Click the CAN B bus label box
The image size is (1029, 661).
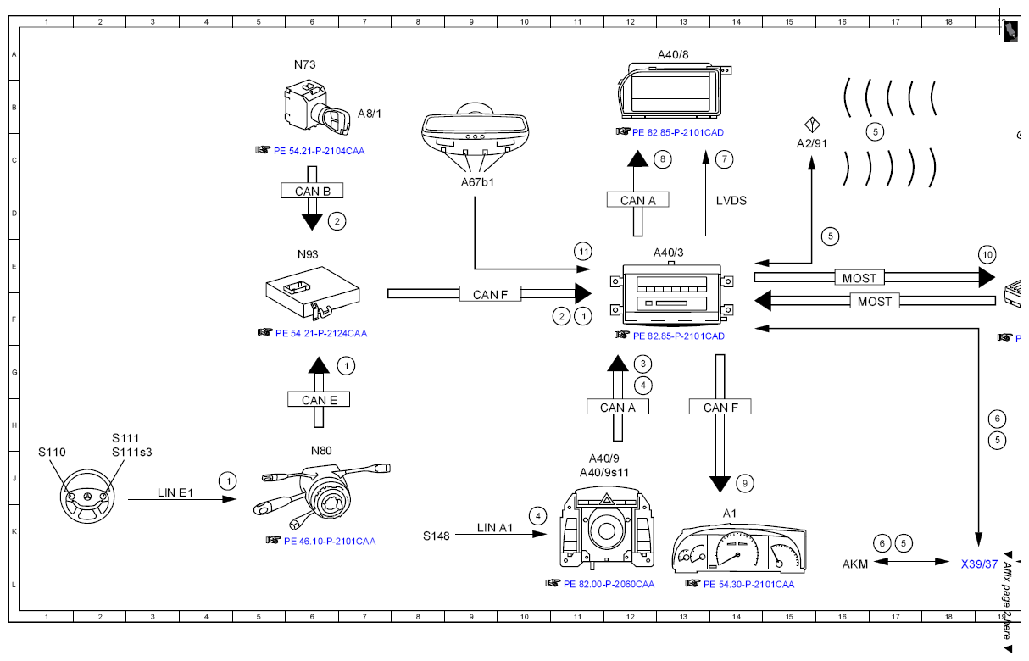[x=312, y=191]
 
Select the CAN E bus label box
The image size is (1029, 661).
[x=319, y=399]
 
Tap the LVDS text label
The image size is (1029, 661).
[x=731, y=201]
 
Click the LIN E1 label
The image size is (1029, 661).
[x=175, y=492]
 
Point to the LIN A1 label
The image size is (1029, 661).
[x=494, y=528]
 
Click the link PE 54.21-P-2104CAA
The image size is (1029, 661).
[x=319, y=151]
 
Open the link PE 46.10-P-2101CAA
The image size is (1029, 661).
[x=330, y=542]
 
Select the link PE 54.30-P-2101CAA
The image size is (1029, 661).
[x=748, y=584]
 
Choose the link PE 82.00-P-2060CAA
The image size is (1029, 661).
[x=609, y=584]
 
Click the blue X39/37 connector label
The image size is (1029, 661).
[x=979, y=564]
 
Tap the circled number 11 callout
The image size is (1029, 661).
[x=583, y=252]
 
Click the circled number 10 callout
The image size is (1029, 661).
[x=987, y=255]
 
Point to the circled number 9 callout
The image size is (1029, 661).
[x=745, y=484]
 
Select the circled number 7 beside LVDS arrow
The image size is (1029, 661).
[x=725, y=159]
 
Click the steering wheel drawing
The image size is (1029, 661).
[x=86, y=496]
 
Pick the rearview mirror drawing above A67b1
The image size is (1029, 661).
[x=475, y=130]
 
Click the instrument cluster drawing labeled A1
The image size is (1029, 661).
[x=738, y=548]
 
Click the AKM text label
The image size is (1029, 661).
[x=855, y=564]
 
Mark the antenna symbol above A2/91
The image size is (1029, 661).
[x=812, y=125]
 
